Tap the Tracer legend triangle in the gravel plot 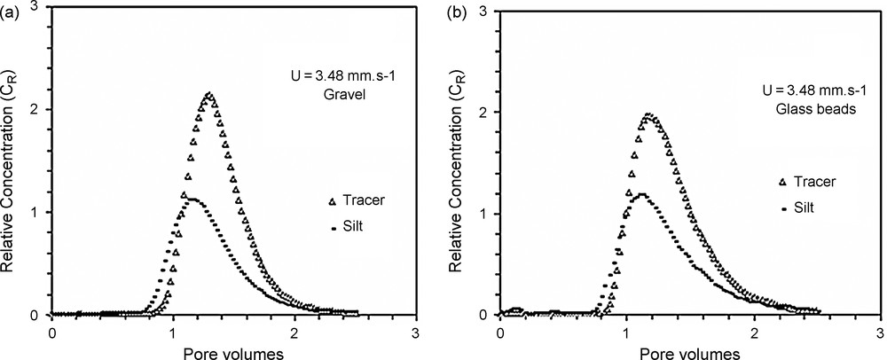coord(333,201)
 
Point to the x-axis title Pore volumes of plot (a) coord(233,351)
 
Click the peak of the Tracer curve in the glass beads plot coord(649,114)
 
